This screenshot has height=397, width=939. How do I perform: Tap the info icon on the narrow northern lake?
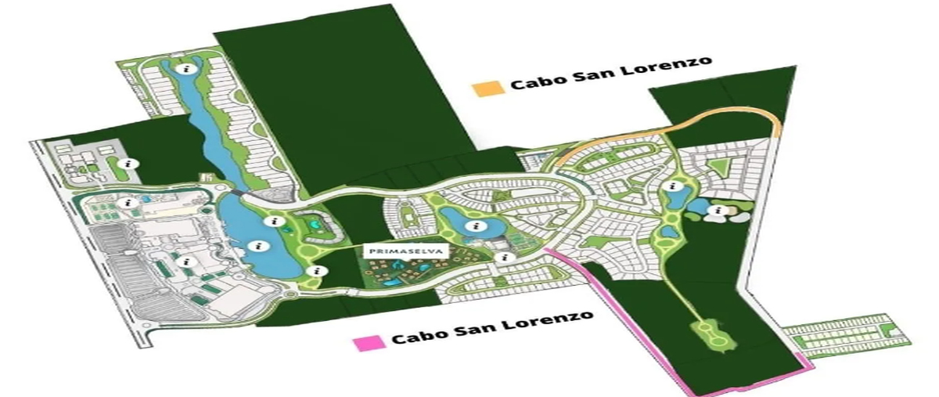[x=185, y=69]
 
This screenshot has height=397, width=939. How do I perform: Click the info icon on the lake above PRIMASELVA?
[x=473, y=227]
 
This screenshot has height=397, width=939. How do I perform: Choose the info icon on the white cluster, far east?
[x=718, y=210]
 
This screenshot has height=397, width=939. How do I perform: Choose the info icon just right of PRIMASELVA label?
[x=505, y=257]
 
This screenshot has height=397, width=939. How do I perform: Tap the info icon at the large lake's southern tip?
[x=316, y=270]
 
